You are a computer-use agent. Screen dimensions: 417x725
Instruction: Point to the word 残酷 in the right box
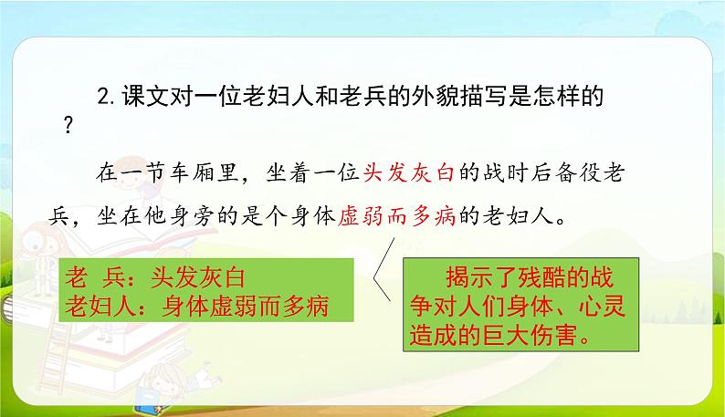pyautogui.click(x=551, y=276)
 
